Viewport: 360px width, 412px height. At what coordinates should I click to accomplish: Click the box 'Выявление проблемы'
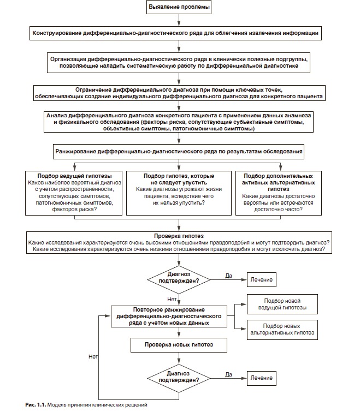(x=179, y=7)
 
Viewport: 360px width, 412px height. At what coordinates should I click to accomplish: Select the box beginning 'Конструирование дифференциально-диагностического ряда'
(x=175, y=33)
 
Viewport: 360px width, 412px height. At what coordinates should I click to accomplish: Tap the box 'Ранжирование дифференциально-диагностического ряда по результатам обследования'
(x=179, y=152)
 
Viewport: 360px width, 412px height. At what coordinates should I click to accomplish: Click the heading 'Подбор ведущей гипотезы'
(x=74, y=176)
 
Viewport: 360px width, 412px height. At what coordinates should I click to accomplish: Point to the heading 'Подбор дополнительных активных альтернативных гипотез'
(x=279, y=183)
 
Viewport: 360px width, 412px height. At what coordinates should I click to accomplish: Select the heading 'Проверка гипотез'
(x=179, y=236)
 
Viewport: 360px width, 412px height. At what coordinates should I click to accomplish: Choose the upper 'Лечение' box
(x=261, y=279)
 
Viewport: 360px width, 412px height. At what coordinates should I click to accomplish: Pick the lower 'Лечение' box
(x=261, y=378)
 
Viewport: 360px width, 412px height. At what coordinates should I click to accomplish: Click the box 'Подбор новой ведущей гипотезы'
(x=282, y=304)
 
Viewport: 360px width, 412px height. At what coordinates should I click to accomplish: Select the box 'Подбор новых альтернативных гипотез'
(x=282, y=330)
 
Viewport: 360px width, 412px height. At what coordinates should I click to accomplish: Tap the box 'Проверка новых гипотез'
(x=179, y=345)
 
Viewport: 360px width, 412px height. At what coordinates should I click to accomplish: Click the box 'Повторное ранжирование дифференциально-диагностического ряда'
(x=169, y=317)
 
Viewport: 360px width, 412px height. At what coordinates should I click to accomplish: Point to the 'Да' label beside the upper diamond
(x=228, y=276)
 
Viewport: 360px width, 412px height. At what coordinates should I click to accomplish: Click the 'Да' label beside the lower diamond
(x=228, y=374)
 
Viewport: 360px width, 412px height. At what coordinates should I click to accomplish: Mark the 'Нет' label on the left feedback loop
(x=93, y=356)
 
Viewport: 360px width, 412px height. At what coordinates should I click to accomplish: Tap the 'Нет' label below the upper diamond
(x=172, y=299)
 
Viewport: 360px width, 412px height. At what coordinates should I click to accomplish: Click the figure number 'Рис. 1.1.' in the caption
(x=36, y=405)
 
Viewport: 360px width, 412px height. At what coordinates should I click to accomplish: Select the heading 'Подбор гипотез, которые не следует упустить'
(x=179, y=179)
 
